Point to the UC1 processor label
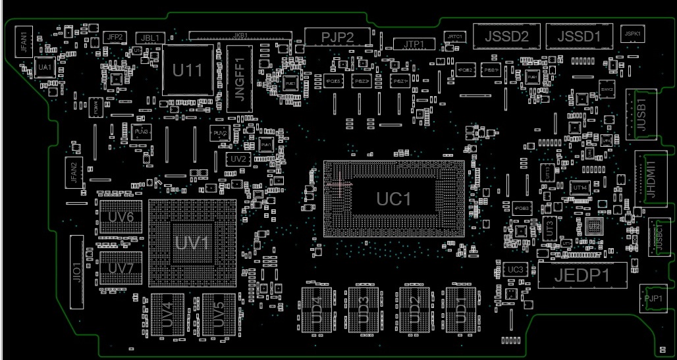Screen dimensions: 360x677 click(x=393, y=199)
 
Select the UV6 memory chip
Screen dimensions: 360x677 click(x=121, y=217)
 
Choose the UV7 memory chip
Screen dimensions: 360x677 click(x=121, y=268)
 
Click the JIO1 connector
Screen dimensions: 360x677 click(x=76, y=271)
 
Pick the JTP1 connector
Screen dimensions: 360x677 click(x=414, y=44)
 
